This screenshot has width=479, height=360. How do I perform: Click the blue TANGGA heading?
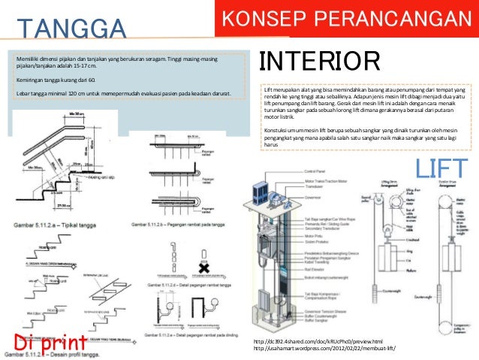tap(71, 29)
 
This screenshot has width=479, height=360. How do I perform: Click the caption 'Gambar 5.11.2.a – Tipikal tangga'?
tap(57, 223)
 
